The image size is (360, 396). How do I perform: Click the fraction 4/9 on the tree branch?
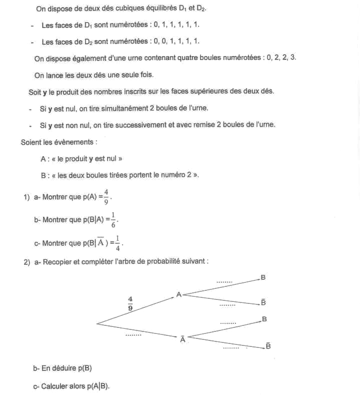pos(130,304)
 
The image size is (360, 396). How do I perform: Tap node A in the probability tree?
pos(178,295)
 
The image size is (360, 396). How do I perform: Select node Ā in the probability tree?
pos(182,339)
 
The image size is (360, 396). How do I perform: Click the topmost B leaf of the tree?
pos(263,277)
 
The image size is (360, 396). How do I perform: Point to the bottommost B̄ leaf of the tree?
pos(268,346)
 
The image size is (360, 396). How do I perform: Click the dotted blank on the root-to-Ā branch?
pos(133,334)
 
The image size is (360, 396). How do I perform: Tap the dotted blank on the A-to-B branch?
pos(224,282)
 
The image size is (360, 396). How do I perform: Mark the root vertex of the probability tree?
pos(96,323)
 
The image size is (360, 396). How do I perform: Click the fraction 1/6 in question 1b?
pos(113,219)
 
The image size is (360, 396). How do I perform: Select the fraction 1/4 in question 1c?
pos(117,242)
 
